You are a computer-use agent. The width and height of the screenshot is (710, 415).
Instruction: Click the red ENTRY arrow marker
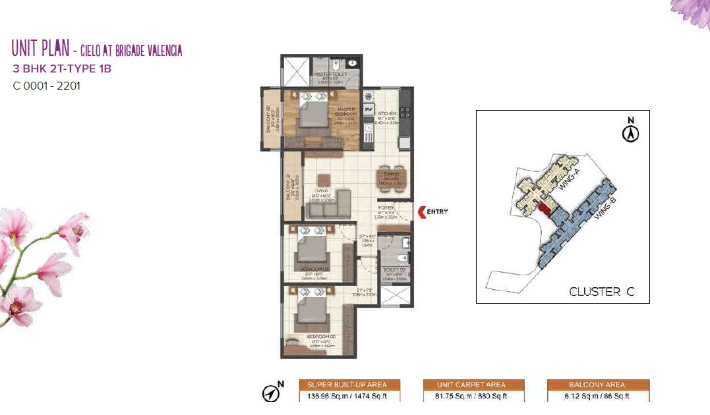point(422,212)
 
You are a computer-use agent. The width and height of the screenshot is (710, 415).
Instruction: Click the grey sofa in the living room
point(329,205)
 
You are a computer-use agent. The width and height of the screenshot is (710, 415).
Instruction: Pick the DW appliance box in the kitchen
point(369,109)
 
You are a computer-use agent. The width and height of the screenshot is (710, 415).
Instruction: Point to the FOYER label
point(386,207)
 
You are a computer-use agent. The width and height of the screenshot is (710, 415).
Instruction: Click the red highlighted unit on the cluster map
point(544,209)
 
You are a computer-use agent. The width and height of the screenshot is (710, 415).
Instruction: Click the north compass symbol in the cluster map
point(631,131)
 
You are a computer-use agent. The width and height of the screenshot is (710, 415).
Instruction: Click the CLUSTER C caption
point(601,292)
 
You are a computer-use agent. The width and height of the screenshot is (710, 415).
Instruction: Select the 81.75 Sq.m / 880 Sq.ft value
point(473,396)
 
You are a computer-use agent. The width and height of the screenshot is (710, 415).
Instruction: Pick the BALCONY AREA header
point(598,385)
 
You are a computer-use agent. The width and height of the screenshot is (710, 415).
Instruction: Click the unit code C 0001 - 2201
point(47,85)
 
